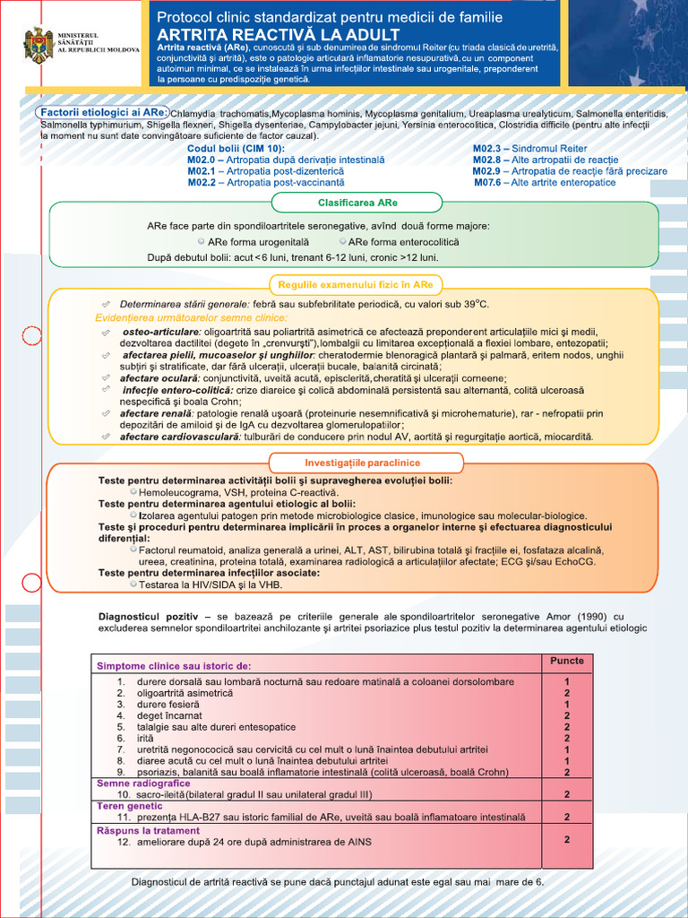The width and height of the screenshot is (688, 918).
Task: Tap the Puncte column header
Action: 566,661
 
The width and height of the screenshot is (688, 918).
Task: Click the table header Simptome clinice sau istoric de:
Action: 174,666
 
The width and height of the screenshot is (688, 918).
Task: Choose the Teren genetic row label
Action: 130,806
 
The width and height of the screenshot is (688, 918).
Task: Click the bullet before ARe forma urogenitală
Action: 201,242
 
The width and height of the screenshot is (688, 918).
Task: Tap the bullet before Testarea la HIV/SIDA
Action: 133,584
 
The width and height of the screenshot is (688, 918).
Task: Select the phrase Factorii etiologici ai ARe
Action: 100,112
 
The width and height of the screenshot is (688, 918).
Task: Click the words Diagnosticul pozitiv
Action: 148,616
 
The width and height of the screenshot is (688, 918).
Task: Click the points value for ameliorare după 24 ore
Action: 567,840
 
